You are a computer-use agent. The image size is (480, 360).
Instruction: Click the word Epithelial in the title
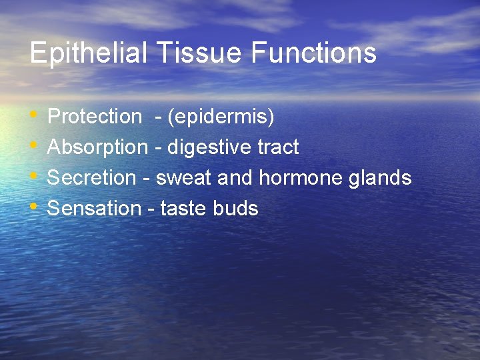(88, 53)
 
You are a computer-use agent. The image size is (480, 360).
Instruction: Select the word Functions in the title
(313, 53)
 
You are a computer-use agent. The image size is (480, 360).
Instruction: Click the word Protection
(95, 117)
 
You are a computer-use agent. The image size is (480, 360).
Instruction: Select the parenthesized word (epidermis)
(221, 117)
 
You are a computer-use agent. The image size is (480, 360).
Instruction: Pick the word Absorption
(97, 147)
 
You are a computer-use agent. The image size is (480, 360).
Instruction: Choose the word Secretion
(91, 178)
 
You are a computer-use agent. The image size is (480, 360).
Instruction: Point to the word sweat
(184, 178)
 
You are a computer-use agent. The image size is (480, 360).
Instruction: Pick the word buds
(235, 209)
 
